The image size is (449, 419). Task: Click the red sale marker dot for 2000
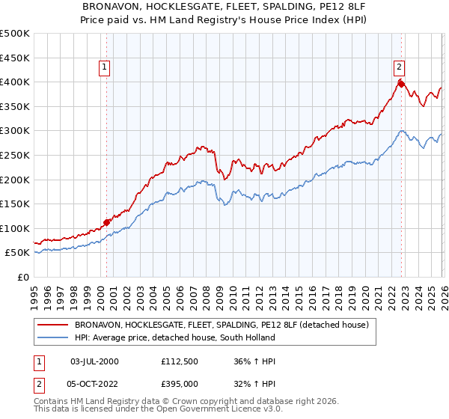point(106,222)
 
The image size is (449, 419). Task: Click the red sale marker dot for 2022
point(401,84)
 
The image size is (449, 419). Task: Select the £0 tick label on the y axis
point(22,277)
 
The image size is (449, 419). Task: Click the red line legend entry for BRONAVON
point(221,325)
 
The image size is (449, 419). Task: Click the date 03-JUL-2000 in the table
point(94,361)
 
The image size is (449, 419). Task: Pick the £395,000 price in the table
point(180,384)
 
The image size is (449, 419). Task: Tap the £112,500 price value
point(180,361)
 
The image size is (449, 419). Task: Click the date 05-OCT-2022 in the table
point(94,384)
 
